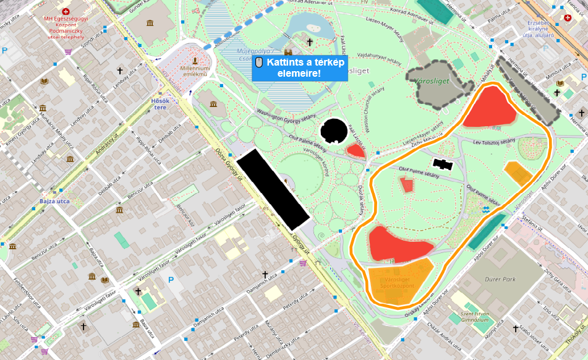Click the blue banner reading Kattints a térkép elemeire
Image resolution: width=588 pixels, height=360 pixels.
(300, 67)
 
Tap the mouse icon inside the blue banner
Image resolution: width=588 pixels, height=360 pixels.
(260, 62)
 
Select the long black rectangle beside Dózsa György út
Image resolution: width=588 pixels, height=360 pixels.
(273, 189)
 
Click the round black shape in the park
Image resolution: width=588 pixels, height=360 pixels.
(334, 130)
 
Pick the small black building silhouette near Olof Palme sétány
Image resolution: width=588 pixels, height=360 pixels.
(443, 164)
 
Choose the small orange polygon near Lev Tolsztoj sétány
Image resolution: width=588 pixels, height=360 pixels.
(518, 173)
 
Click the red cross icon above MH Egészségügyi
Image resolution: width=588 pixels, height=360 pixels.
(66, 11)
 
